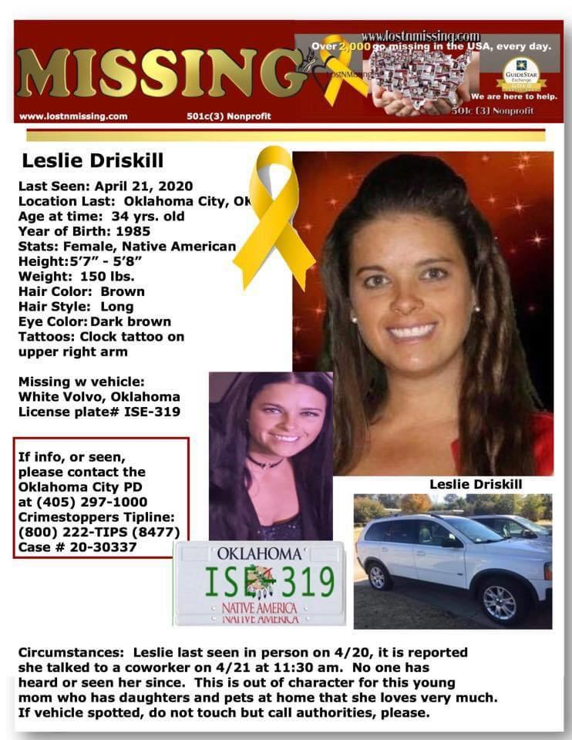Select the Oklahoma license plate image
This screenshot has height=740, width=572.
pos(259,583)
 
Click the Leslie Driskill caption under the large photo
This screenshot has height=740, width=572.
pos(475,484)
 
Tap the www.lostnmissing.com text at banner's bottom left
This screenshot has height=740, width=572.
pos(73,116)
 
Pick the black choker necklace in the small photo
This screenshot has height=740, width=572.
pos(264,462)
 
